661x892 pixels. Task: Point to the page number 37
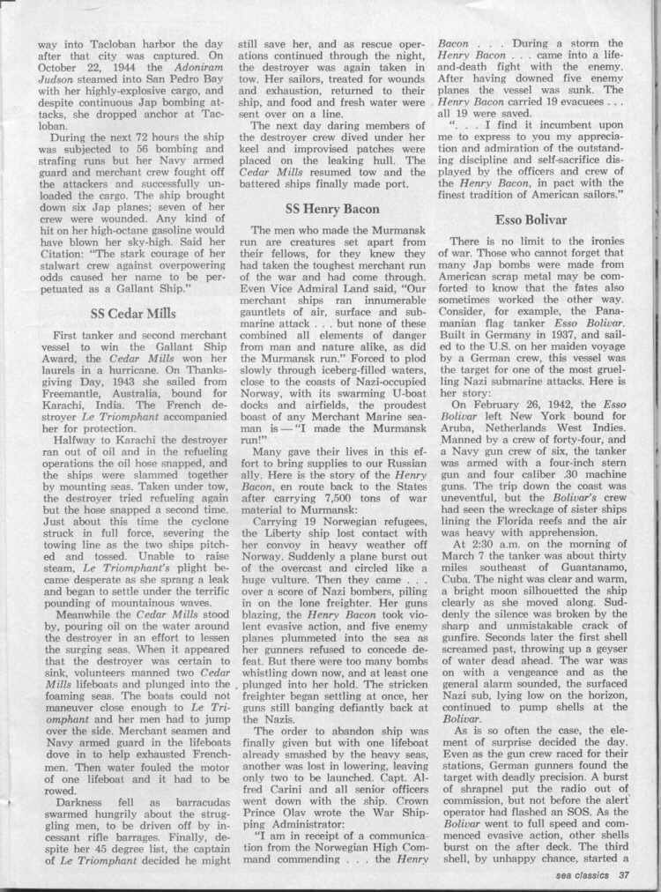tap(624, 875)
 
